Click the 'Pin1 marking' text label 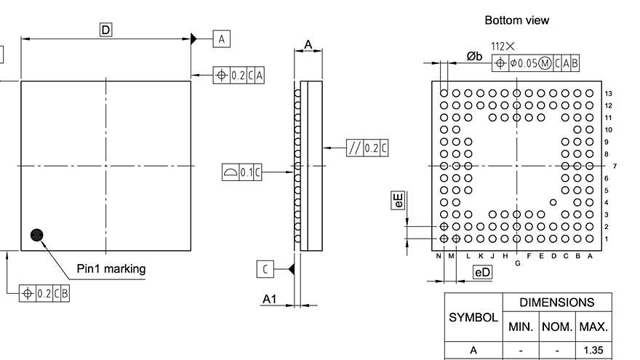point(111,268)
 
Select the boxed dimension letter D point(106,30)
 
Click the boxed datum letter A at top point(221,39)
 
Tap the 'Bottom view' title point(517,20)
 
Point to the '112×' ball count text point(503,46)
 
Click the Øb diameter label point(474,56)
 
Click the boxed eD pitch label point(482,272)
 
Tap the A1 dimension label point(270,299)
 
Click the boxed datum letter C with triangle point(265,269)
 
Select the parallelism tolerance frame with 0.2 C point(367,148)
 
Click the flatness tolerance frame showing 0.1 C point(241,172)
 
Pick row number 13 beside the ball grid point(608,93)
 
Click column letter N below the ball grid point(439,256)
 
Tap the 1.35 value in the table point(593,351)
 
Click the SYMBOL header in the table point(473,318)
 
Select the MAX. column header point(593,327)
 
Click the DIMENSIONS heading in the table point(557,303)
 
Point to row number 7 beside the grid point(615,166)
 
